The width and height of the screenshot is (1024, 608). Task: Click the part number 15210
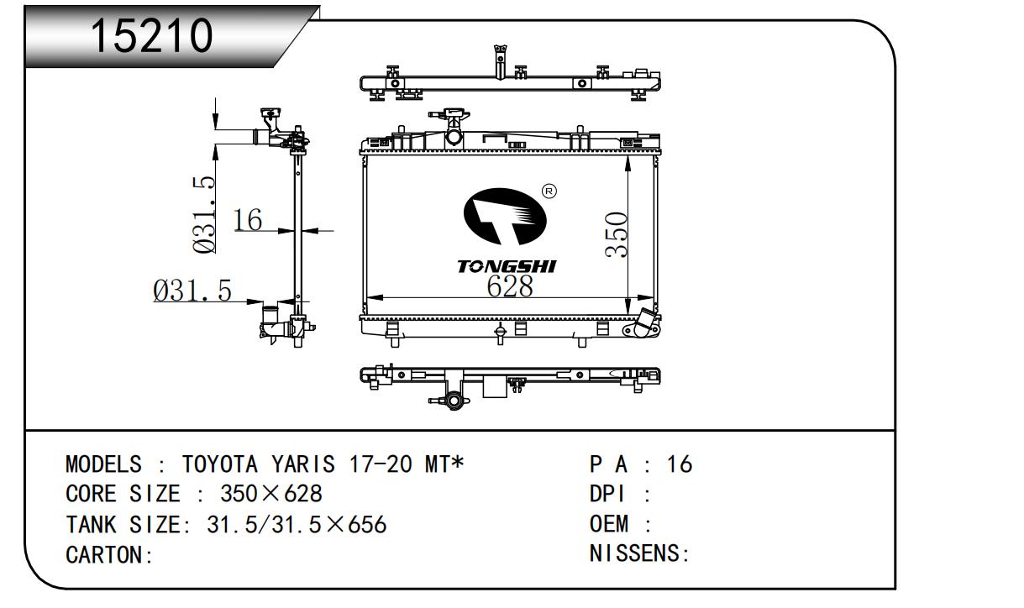(151, 35)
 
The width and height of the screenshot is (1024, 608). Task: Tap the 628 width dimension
(510, 286)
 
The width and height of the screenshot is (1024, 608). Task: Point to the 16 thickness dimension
(248, 220)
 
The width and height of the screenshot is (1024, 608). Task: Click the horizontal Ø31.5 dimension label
(192, 291)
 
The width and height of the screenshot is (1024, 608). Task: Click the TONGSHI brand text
(506, 266)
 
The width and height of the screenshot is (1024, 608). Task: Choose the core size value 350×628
(270, 495)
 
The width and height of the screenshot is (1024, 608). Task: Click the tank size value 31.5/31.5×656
(296, 525)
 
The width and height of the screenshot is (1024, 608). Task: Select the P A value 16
(679, 464)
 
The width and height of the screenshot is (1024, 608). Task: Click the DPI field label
(610, 495)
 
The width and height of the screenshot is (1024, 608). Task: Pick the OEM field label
(610, 525)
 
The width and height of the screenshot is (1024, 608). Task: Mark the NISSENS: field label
(639, 555)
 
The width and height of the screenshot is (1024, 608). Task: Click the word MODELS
(103, 464)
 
